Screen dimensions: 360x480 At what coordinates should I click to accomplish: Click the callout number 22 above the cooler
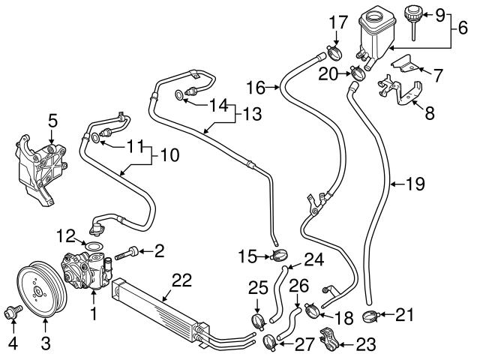pyautogui.click(x=182, y=281)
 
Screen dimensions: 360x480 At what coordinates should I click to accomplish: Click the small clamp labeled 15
pyautogui.click(x=279, y=258)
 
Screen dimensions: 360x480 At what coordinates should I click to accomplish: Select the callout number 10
pyautogui.click(x=169, y=157)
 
